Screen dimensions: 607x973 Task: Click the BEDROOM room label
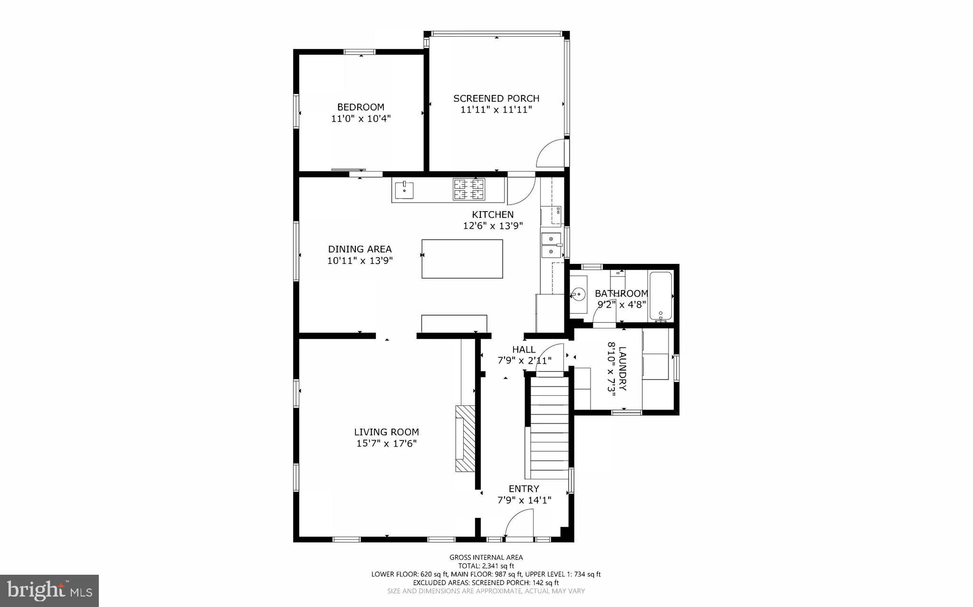click(x=361, y=107)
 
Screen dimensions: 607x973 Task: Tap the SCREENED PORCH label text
click(x=496, y=99)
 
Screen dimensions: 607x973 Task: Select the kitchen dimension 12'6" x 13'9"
click(x=493, y=226)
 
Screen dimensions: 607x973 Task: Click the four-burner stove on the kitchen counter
click(x=468, y=189)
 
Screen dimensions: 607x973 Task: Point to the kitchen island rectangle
click(x=462, y=259)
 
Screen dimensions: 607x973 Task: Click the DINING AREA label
click(x=360, y=249)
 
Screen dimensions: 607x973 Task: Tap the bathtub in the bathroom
click(x=660, y=296)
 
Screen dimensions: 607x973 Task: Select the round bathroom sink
click(x=578, y=294)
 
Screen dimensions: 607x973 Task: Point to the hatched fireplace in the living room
click(x=465, y=438)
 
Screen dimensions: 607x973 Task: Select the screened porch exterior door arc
click(x=550, y=153)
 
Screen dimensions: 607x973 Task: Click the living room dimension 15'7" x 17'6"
click(x=386, y=444)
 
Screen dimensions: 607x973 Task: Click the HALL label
click(x=524, y=349)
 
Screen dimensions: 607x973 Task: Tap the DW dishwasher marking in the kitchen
click(x=558, y=210)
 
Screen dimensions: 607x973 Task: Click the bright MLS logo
click(x=49, y=590)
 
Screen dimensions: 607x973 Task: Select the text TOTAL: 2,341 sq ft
click(x=486, y=566)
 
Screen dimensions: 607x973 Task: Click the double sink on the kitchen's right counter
click(x=551, y=245)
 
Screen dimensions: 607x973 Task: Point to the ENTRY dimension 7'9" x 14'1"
click(x=524, y=500)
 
